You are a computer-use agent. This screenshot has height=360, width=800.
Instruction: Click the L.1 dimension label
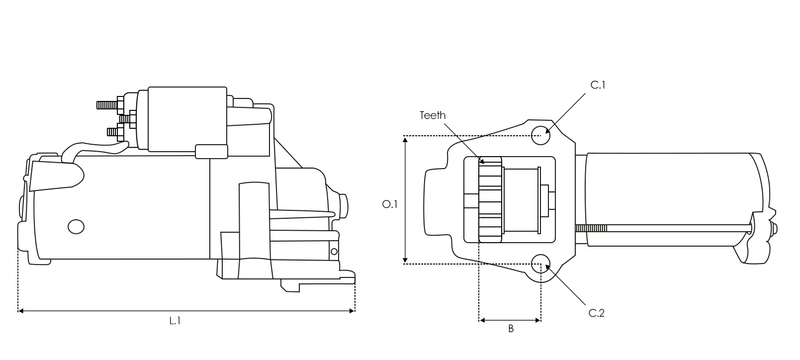[x=174, y=321]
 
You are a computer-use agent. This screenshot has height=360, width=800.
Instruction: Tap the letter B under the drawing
[x=510, y=328]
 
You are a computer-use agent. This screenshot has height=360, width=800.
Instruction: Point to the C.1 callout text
[x=598, y=86]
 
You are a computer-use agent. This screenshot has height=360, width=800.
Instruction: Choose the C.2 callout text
[x=597, y=313]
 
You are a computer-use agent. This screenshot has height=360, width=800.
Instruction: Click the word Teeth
[x=432, y=114]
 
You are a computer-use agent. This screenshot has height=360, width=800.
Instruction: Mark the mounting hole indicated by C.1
[x=540, y=135]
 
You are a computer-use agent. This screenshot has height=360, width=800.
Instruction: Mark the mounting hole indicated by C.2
[x=541, y=265]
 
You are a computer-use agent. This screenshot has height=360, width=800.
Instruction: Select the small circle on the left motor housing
[x=76, y=227]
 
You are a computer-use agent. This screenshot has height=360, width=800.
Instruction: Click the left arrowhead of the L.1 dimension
[x=21, y=311]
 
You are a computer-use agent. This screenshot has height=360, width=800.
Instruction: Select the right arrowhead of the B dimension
[x=538, y=320]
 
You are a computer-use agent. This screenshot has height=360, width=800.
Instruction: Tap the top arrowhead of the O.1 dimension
[x=404, y=141]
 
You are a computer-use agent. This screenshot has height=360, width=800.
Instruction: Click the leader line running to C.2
[x=570, y=289]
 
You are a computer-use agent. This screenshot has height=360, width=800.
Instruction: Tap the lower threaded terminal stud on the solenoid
[x=113, y=130]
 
